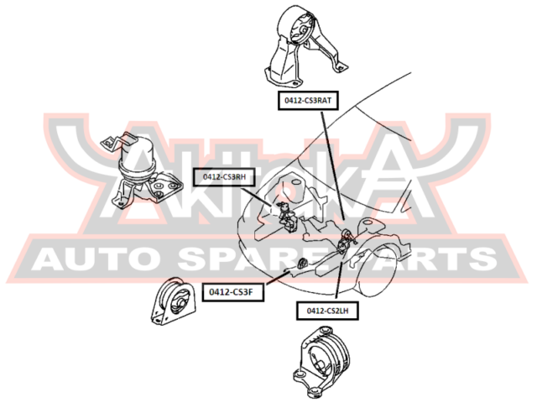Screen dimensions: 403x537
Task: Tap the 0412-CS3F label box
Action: coord(237,291)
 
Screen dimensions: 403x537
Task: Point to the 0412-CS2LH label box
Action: coord(327,310)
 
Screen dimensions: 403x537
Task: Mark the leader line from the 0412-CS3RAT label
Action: coord(331,168)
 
